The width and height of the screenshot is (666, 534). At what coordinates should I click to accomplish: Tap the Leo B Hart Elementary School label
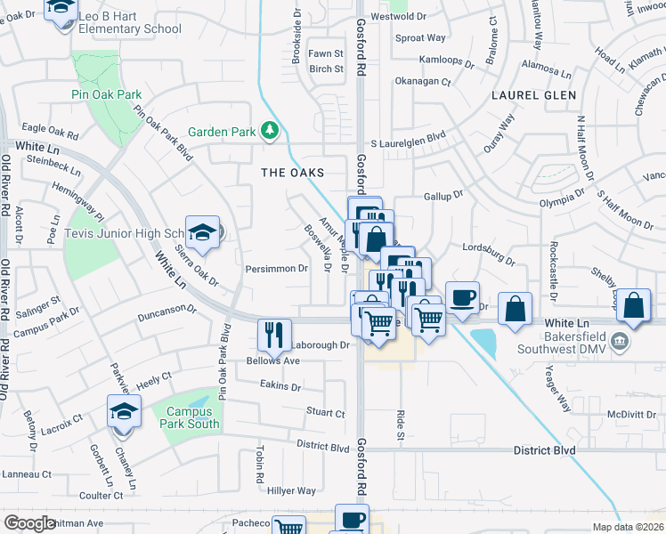click(130, 22)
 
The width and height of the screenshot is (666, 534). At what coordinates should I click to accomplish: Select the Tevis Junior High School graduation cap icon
click(202, 231)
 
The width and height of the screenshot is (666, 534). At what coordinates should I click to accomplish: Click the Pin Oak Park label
click(106, 94)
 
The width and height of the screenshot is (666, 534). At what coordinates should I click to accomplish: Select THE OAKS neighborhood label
click(292, 172)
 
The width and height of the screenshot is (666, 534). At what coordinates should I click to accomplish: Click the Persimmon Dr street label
click(276, 268)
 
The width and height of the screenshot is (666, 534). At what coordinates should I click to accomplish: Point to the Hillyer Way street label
click(292, 490)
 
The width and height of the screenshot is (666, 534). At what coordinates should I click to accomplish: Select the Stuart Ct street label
click(325, 413)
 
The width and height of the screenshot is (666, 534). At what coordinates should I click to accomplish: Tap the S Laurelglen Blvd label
click(408, 142)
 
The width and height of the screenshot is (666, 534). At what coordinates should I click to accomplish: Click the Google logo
click(29, 523)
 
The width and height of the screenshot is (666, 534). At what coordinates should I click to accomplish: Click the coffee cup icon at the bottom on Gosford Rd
click(352, 518)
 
